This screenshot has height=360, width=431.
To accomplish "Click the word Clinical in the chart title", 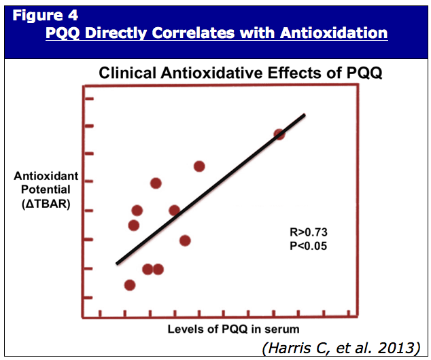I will click(124, 73).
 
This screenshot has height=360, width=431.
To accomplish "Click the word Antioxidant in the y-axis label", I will click(46, 177).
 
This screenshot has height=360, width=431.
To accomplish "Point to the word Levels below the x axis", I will click(186, 329).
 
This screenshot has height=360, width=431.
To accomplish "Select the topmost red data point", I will click(279, 134).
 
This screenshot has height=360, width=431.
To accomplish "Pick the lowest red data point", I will click(130, 285).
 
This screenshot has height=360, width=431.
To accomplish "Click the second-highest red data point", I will click(199, 166).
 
